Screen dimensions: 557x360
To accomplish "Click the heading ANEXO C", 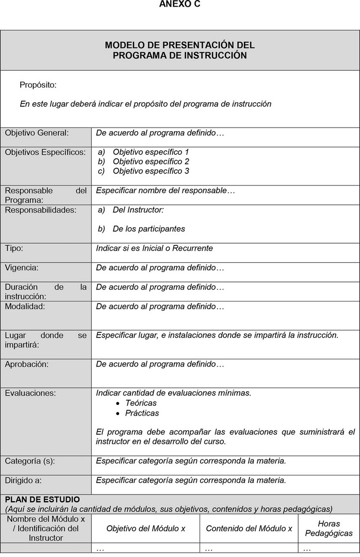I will click(x=179, y=4).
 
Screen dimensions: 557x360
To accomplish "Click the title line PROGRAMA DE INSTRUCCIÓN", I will click(x=179, y=55).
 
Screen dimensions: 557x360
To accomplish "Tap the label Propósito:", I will click(x=38, y=85).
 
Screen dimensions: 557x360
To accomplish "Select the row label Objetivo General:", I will click(x=37, y=133).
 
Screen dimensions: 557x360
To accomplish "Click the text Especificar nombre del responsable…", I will click(x=166, y=190).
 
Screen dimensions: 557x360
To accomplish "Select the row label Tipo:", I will click(x=14, y=248).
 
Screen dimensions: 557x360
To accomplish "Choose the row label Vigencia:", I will click(x=22, y=268).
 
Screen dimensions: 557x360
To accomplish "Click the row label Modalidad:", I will click(x=25, y=306).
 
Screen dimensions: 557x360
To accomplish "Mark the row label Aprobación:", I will click(x=26, y=364).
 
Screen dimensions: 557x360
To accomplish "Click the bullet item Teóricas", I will click(x=141, y=403).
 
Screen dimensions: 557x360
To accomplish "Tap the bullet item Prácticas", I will click(x=142, y=413).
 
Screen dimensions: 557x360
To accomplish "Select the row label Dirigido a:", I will click(x=23, y=480).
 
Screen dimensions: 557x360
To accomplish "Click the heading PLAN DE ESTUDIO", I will click(x=42, y=500).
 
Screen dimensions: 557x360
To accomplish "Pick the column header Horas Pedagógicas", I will click(x=329, y=528).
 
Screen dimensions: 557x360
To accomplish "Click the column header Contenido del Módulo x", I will click(x=249, y=529).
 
